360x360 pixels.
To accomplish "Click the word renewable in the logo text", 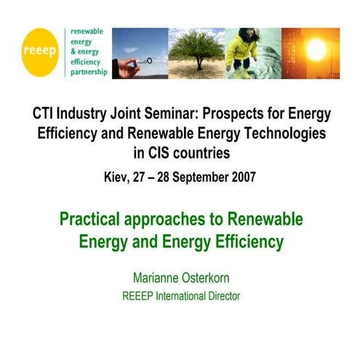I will tap(87, 32).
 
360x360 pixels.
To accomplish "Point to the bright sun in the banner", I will tap(316, 49).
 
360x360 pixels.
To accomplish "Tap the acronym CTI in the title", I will tap(45, 115).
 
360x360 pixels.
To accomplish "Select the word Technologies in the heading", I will tap(273, 134).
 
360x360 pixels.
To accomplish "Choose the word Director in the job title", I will tap(220, 296).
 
